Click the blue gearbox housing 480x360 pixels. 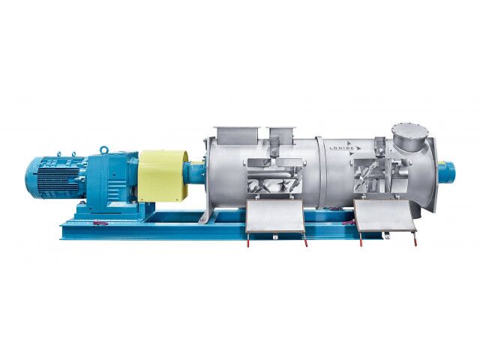[x=112, y=180]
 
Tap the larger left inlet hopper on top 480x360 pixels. [x=235, y=135]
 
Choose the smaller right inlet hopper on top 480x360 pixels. [x=281, y=134]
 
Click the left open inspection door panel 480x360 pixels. [x=275, y=217]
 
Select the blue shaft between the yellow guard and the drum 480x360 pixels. [x=196, y=174]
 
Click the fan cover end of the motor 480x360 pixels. [x=31, y=178]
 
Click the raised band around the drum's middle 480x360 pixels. [x=319, y=172]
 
